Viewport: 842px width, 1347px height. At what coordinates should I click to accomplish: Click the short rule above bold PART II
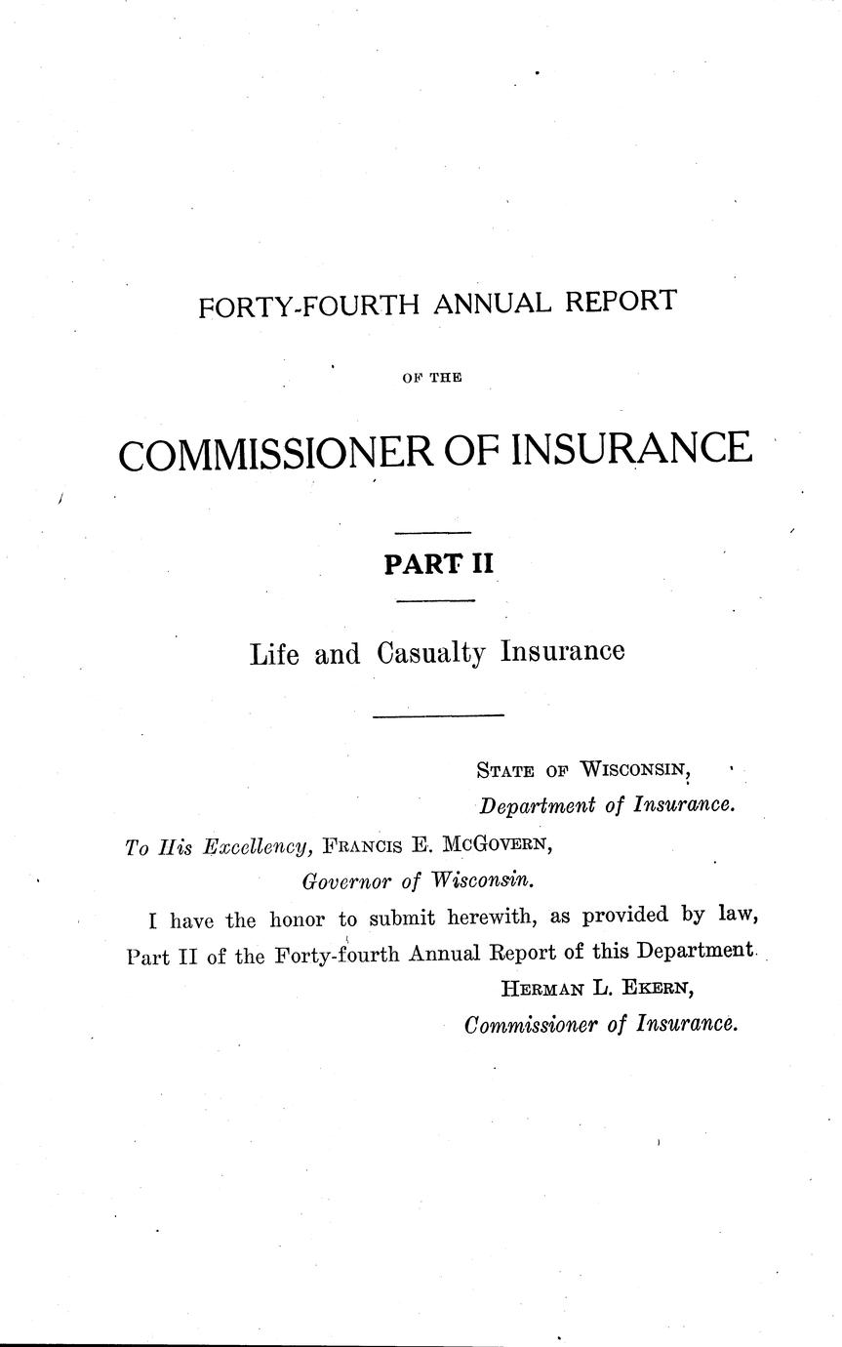(x=432, y=533)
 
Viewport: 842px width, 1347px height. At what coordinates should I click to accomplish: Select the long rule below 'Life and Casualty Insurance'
(x=438, y=717)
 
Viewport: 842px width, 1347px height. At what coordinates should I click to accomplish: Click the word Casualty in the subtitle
(x=430, y=654)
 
